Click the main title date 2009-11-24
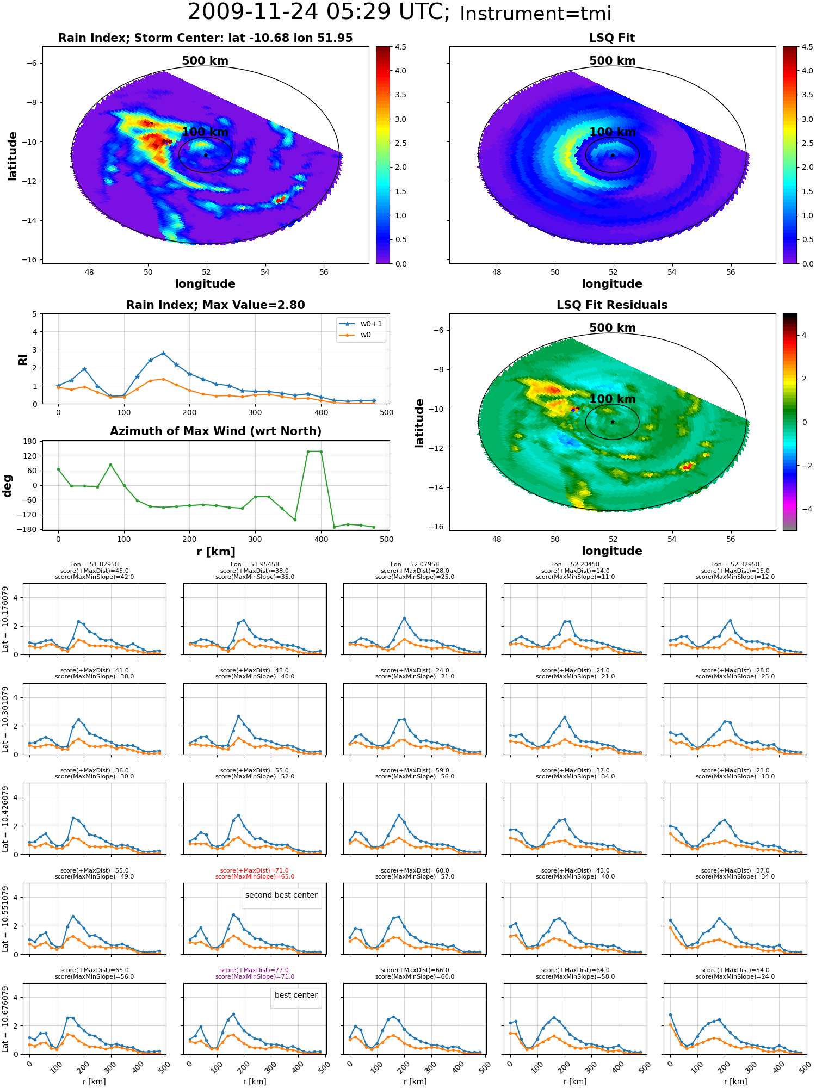pos(261,12)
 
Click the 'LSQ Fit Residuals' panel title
pos(612,305)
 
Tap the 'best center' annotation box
pos(296,995)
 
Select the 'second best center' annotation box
pos(281,895)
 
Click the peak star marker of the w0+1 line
pos(163,353)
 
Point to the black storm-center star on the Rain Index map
pos(206,155)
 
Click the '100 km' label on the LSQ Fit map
pos(612,132)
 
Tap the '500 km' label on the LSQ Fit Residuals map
pos(612,328)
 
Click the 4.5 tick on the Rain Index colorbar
pos(400,47)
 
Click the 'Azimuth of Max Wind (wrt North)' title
pos(215,431)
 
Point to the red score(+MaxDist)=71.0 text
pos(255,870)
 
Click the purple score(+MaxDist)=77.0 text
pos(255,970)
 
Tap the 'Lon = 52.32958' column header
pos(735,565)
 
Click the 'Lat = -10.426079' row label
pos(5,819)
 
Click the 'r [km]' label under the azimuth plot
pos(215,552)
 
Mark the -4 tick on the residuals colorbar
pos(804,509)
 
